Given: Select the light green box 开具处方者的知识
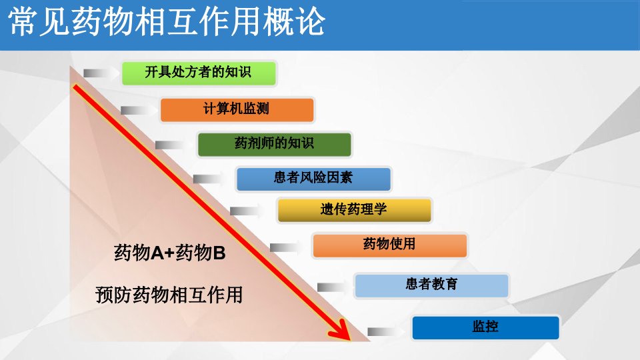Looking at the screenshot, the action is (x=199, y=73).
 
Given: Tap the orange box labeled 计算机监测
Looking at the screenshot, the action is (x=237, y=109).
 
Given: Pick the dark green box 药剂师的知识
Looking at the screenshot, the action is (x=274, y=144).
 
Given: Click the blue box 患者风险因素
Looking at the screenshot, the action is (x=313, y=179).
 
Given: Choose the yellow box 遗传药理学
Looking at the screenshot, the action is (x=354, y=210).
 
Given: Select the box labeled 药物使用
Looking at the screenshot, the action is (x=390, y=245).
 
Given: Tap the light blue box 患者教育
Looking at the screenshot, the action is (x=431, y=285).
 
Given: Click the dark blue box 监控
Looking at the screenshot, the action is (x=485, y=327).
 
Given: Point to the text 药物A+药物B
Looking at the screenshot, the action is (x=170, y=253).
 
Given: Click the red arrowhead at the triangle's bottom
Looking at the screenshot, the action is (x=341, y=330).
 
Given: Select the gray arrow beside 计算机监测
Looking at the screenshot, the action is (x=139, y=110).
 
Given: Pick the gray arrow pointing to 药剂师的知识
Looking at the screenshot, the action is (x=173, y=145).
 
